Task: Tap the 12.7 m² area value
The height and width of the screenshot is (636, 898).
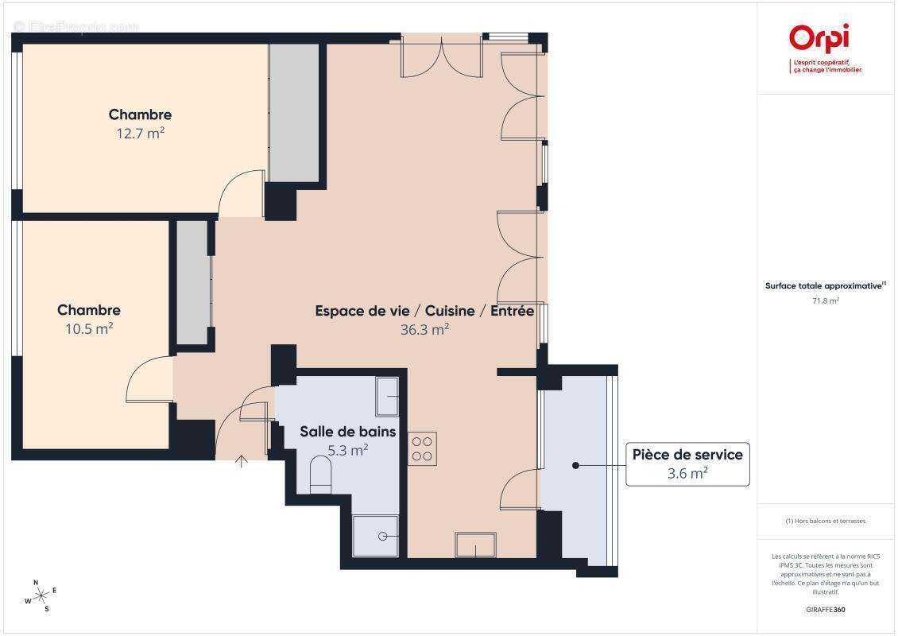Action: click(140, 134)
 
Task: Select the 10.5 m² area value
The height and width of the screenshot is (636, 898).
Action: click(88, 328)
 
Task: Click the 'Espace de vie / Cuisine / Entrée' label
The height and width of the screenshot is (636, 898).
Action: click(424, 311)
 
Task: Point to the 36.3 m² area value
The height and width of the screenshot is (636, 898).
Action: click(424, 329)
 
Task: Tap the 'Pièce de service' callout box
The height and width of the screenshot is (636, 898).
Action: click(687, 463)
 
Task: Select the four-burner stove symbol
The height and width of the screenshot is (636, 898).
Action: click(422, 448)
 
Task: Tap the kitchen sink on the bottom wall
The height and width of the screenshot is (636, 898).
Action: click(475, 545)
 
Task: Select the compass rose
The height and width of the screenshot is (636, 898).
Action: click(41, 595)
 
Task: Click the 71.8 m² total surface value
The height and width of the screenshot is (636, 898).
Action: click(826, 301)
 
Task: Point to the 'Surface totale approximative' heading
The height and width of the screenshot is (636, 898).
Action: click(826, 285)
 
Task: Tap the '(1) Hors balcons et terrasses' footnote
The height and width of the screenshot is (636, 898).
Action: click(826, 521)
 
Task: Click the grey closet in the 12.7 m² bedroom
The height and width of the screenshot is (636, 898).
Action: click(293, 112)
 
